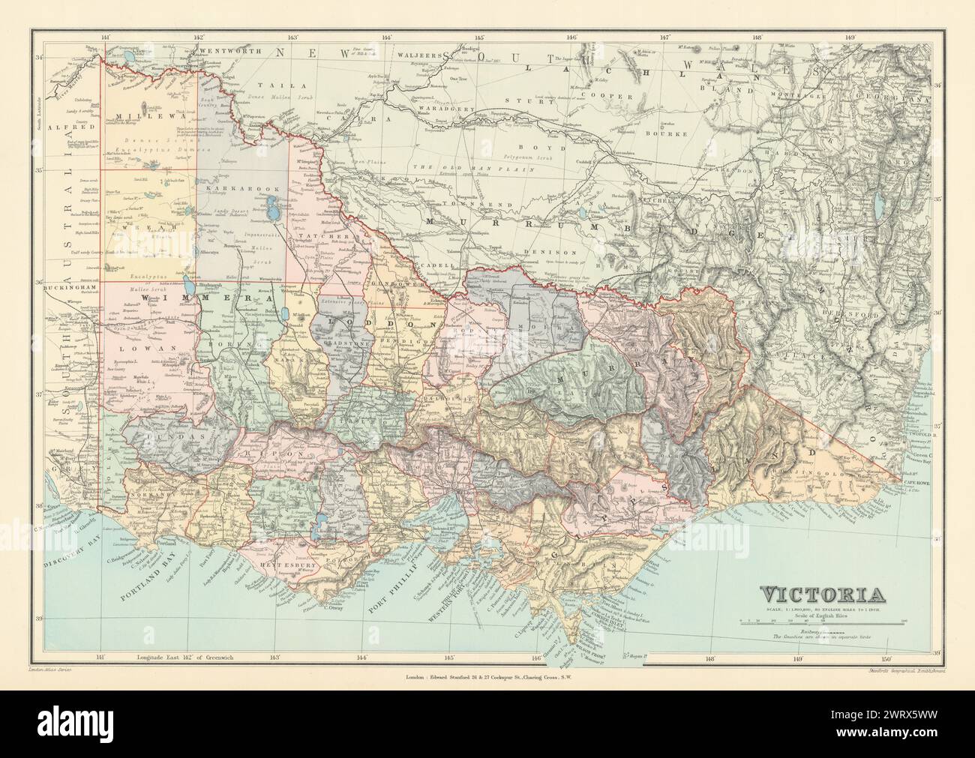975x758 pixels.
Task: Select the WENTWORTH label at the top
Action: tap(229, 52)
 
